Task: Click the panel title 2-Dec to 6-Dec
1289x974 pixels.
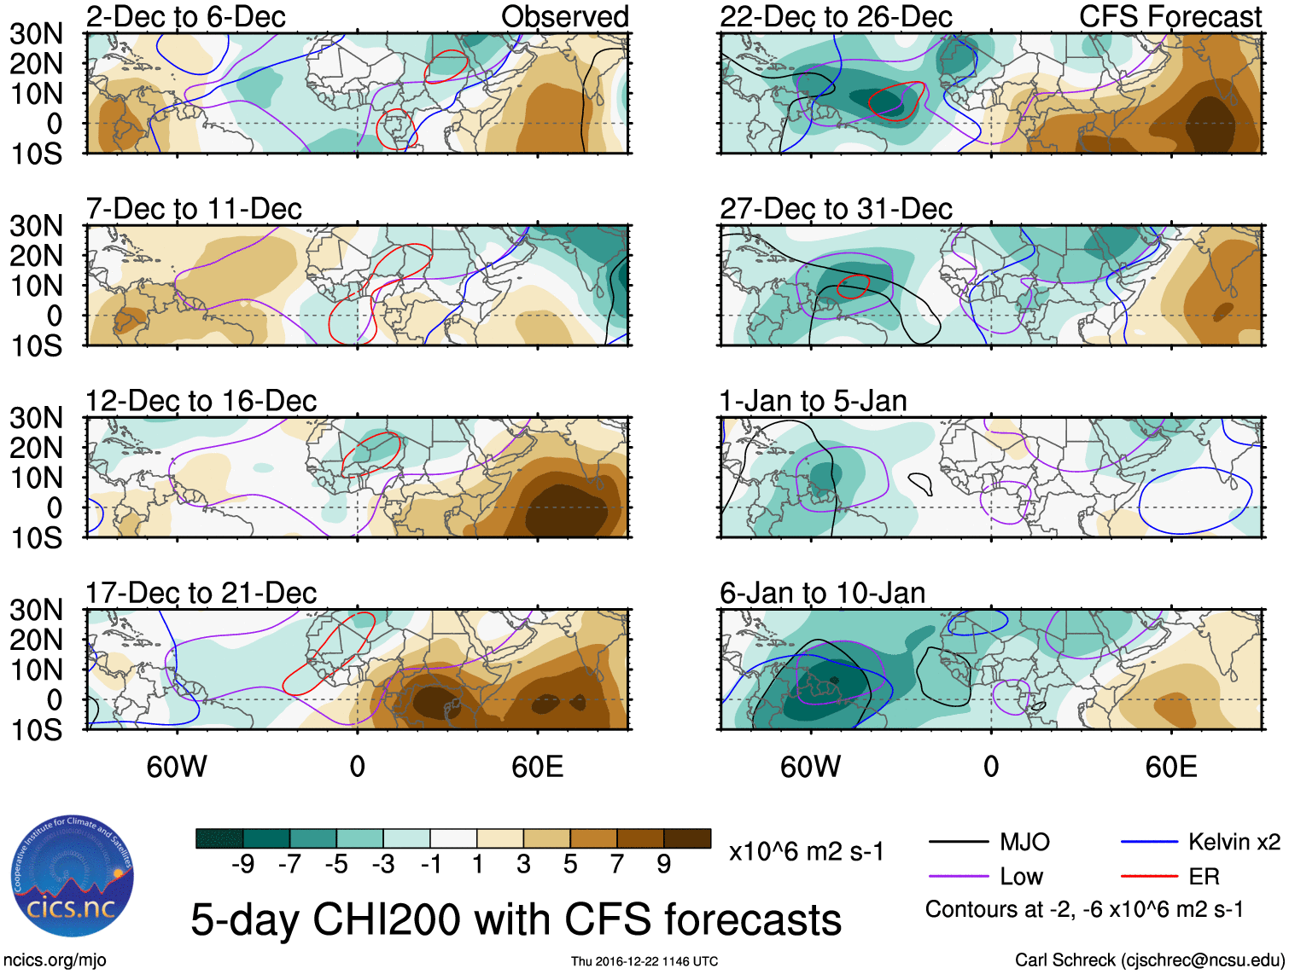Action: point(185,16)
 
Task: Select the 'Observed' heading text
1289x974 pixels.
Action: point(564,16)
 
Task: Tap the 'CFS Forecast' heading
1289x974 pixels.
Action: point(1169,16)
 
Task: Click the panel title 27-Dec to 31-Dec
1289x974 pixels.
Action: point(836,209)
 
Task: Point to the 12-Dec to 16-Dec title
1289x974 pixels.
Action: point(201,401)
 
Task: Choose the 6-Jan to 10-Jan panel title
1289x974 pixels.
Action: point(822,593)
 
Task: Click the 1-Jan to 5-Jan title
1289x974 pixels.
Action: point(813,401)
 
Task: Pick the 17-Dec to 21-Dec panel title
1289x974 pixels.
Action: point(201,593)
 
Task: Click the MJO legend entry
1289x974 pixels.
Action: point(1024,843)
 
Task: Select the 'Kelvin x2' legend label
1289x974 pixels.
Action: point(1234,843)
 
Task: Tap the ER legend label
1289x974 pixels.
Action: point(1204,877)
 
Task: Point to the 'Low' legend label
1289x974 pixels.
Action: point(1021,877)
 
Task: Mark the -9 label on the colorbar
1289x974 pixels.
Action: point(243,865)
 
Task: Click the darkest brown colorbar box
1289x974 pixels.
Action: point(687,838)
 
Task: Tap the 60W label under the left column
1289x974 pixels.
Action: point(177,767)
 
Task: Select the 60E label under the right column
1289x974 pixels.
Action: point(1170,767)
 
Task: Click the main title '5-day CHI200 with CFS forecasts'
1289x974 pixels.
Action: point(516,919)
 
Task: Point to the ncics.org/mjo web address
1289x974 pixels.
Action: point(54,960)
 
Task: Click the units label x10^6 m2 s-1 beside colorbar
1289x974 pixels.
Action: point(806,851)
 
